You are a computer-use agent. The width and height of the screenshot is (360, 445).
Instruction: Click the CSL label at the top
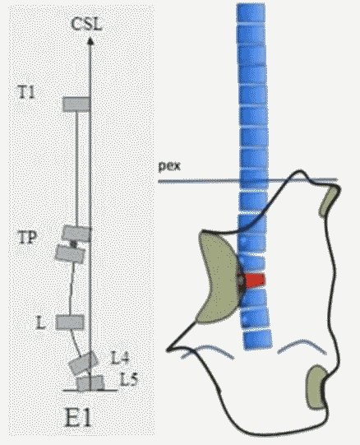(x=86, y=24)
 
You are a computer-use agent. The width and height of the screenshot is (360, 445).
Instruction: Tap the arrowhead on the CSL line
(x=90, y=41)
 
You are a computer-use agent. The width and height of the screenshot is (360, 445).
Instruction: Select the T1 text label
(x=26, y=92)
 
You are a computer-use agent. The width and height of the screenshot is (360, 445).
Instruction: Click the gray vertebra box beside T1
(x=76, y=104)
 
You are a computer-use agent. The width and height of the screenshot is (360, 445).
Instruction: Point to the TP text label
(x=27, y=237)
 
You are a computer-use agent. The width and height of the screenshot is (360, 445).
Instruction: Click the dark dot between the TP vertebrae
(x=74, y=243)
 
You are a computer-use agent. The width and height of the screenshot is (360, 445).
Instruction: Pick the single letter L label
(x=41, y=322)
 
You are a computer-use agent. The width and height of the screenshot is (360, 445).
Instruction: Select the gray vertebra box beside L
(x=70, y=322)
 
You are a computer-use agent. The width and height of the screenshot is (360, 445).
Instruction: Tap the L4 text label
(x=120, y=358)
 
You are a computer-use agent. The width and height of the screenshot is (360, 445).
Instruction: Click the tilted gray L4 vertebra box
(x=84, y=363)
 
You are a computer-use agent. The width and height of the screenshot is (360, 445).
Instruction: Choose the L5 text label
(x=129, y=379)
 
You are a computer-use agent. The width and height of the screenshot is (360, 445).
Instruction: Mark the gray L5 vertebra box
(x=90, y=383)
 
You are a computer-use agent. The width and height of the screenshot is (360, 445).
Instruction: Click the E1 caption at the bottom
(x=78, y=417)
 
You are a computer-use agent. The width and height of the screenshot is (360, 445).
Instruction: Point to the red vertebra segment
(x=255, y=280)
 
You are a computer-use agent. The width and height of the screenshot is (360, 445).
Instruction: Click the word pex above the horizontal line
(x=169, y=165)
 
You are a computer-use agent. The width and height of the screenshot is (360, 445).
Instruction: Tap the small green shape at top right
(x=330, y=200)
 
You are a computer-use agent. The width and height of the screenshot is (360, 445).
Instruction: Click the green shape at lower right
(x=316, y=387)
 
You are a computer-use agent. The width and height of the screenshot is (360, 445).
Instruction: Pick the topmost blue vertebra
(x=251, y=13)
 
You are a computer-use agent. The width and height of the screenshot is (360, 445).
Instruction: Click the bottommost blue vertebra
(x=257, y=339)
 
